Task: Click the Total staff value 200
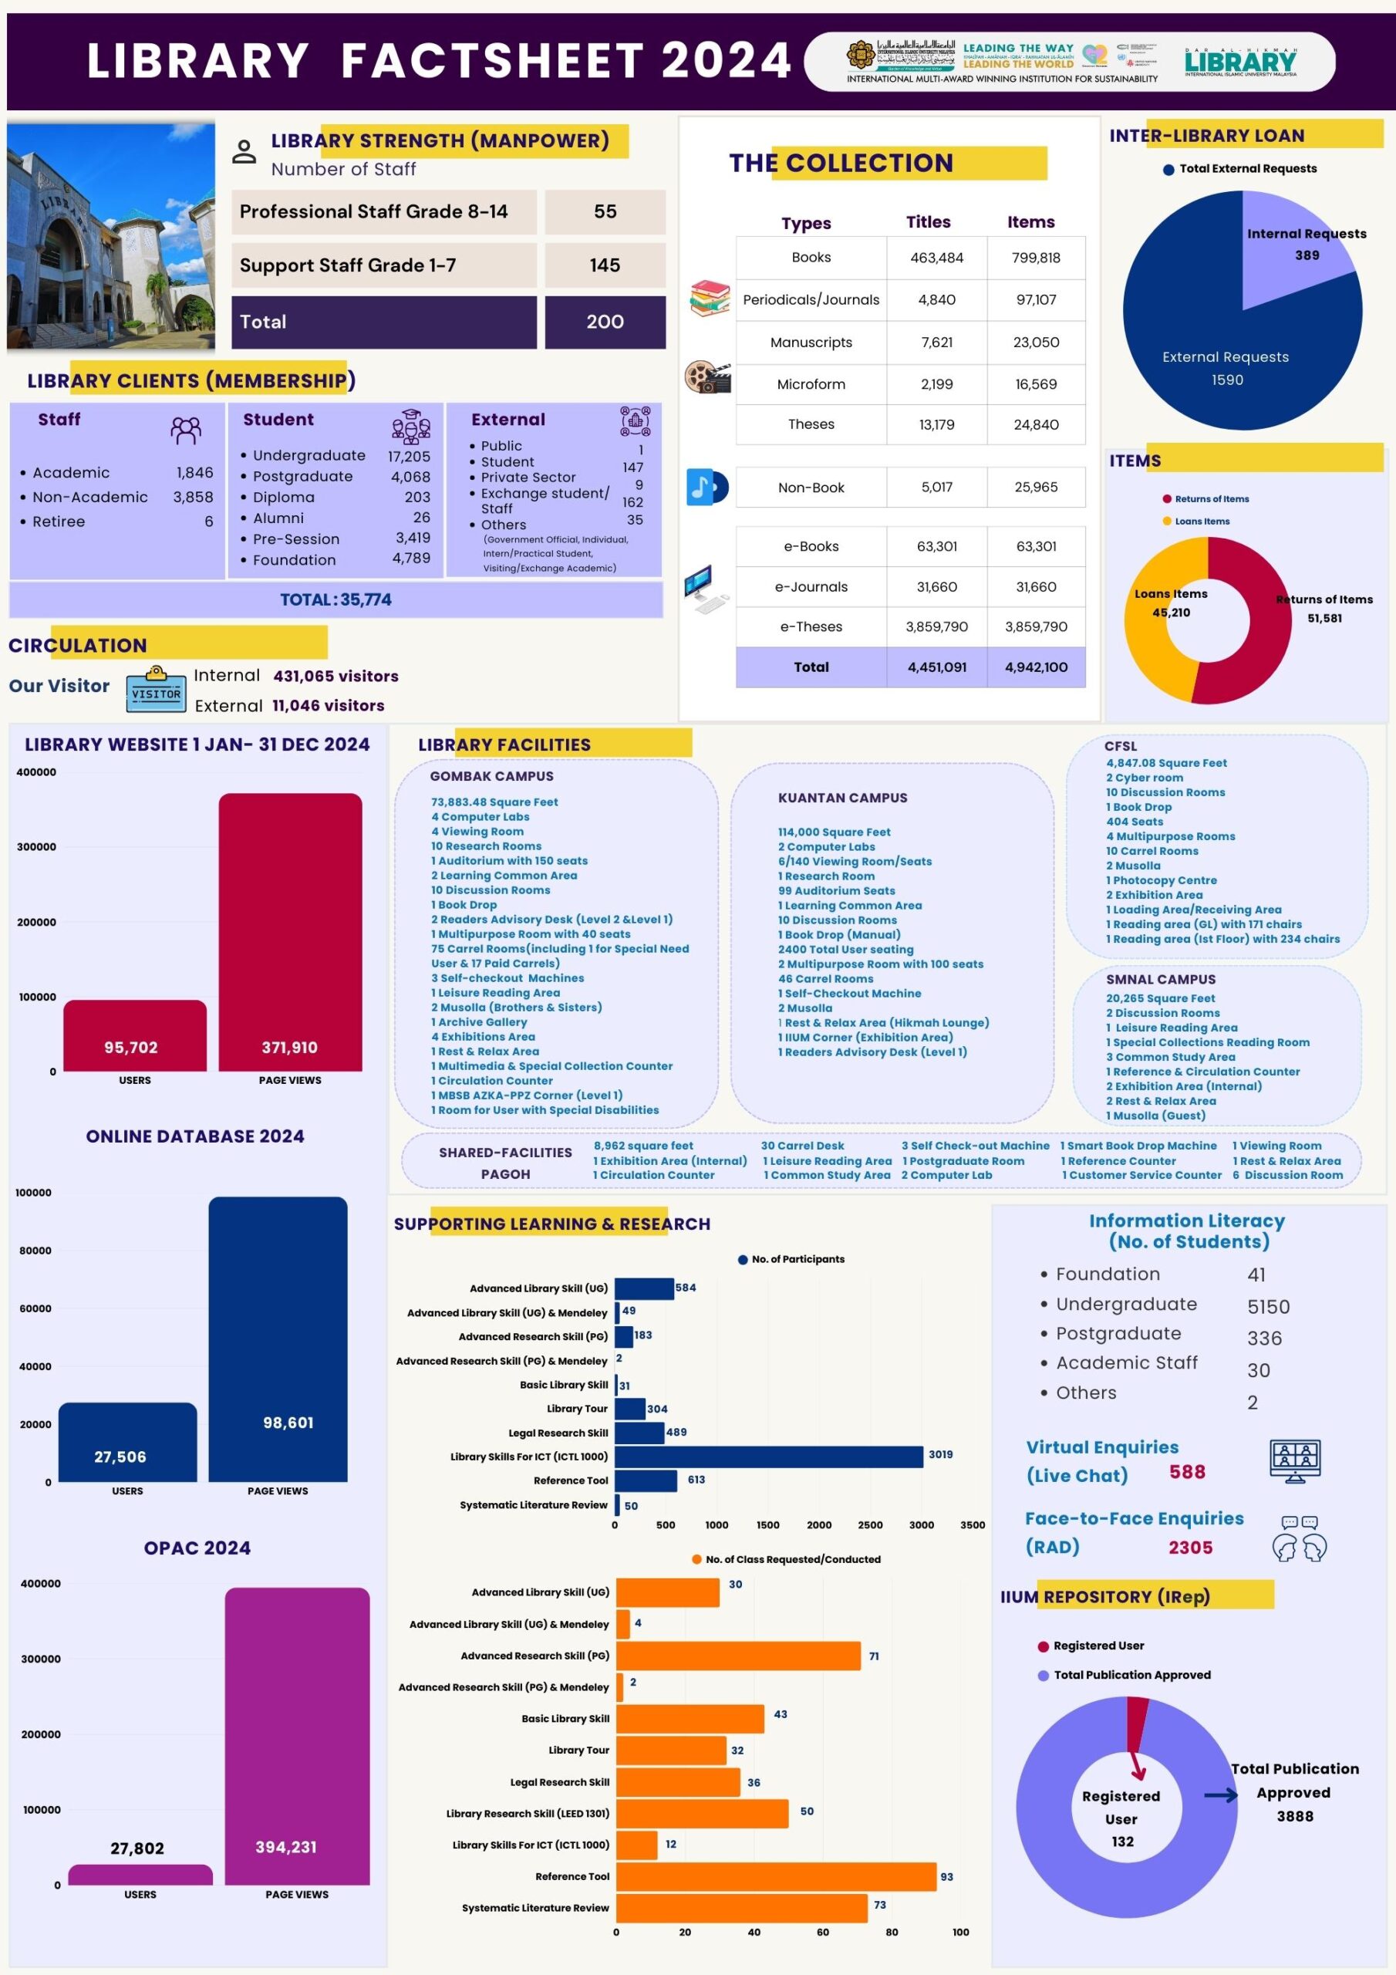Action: click(x=605, y=322)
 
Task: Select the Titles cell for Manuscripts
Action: click(x=936, y=343)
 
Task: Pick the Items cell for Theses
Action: click(x=1036, y=424)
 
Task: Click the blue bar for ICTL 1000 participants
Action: click(x=768, y=1457)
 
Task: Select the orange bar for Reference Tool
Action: click(x=775, y=1876)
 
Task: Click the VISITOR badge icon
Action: click(x=156, y=690)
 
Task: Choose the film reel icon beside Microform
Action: click(x=708, y=376)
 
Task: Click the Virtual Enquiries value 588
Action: click(x=1187, y=1472)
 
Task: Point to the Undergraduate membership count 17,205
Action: click(x=409, y=456)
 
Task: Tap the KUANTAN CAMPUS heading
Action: click(x=842, y=798)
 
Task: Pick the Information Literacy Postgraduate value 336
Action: click(x=1263, y=1338)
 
